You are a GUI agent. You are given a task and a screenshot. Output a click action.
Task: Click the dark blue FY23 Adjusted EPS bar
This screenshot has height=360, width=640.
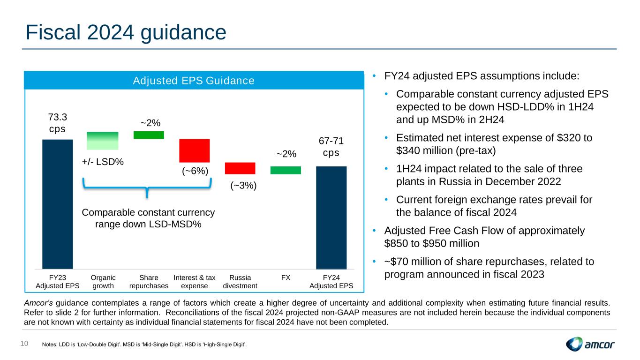point(58,204)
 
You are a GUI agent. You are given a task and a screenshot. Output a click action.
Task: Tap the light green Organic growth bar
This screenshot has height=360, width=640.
point(103,141)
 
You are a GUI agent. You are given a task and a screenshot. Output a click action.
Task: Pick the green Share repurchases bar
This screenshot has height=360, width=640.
point(149,135)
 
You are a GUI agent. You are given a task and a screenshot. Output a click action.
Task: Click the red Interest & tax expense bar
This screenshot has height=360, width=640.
point(194,150)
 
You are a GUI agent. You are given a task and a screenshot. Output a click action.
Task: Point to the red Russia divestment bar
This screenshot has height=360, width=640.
point(240,168)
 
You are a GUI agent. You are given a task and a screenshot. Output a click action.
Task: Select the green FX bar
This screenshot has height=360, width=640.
point(286,170)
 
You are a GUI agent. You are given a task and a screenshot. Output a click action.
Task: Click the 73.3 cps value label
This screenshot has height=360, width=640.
point(58,122)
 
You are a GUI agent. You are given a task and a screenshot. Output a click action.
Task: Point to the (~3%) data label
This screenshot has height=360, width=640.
point(243,185)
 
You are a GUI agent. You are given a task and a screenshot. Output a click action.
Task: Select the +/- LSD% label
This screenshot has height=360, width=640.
point(103,162)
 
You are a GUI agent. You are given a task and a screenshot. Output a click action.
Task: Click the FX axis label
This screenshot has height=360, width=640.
point(286,277)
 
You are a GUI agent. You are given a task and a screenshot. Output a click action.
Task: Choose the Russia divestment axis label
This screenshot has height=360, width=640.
point(240,281)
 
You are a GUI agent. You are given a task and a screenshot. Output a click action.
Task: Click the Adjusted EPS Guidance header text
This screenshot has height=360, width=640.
point(194,81)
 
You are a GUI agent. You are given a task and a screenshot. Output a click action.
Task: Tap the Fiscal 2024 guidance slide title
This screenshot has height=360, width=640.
point(126,32)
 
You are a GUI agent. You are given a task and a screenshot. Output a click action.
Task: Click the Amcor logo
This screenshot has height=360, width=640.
point(590,345)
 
